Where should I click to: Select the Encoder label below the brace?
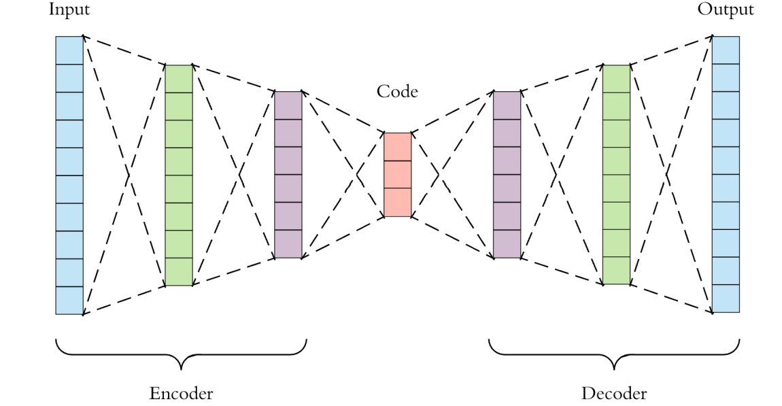[180, 393]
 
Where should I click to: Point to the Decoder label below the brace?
[615, 393]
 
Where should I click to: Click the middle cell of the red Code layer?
[398, 175]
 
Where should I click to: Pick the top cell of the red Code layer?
[398, 147]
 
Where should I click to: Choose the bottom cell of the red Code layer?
[398, 203]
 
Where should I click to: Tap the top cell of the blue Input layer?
[69, 50]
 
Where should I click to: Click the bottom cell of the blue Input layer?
[69, 301]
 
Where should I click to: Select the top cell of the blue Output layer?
[726, 49]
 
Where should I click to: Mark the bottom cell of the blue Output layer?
[726, 299]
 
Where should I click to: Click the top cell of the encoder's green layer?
[179, 79]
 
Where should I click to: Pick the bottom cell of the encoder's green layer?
[179, 272]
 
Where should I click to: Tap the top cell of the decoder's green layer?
[616, 79]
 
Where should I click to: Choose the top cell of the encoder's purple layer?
[288, 105]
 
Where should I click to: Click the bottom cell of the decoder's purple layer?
[507, 245]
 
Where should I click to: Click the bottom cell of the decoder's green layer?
[616, 271]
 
